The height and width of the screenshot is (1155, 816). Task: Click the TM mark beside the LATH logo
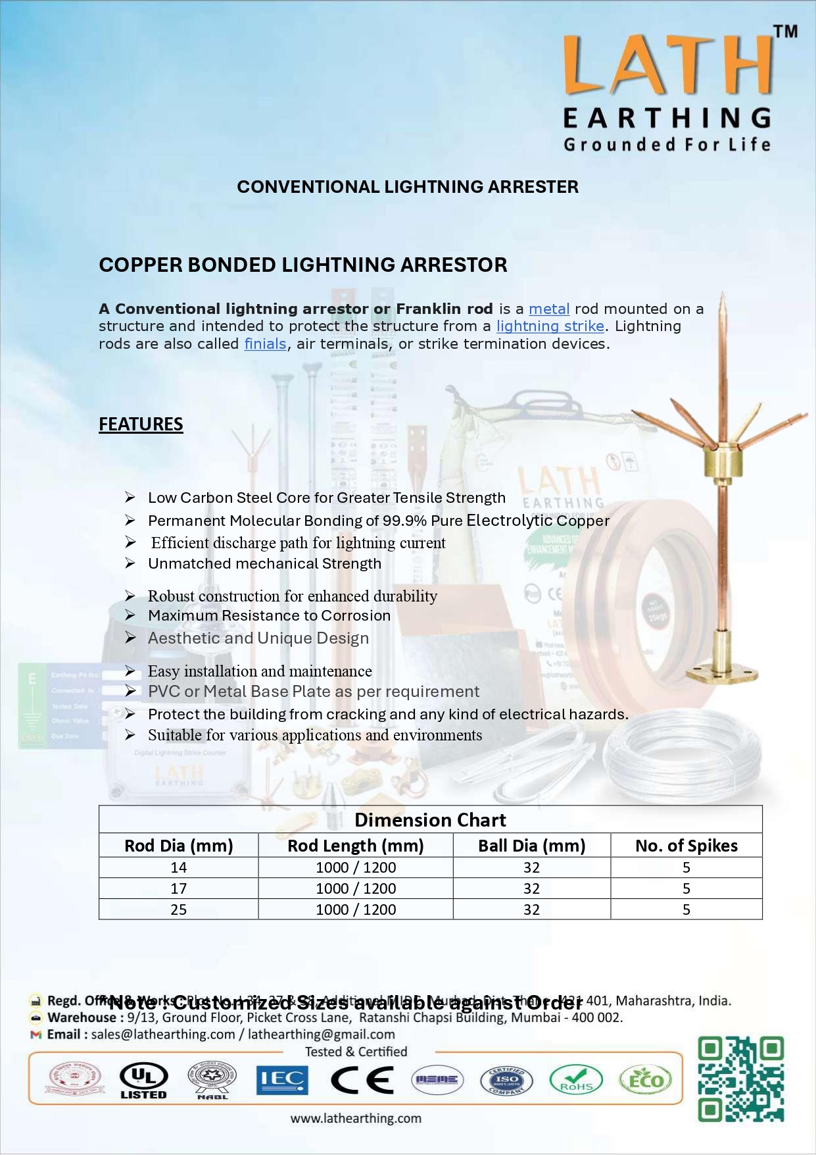click(x=785, y=32)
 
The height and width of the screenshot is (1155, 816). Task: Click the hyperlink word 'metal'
click(x=549, y=309)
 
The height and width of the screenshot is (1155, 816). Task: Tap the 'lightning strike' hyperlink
click(x=550, y=326)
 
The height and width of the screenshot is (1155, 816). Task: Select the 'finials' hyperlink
click(x=265, y=344)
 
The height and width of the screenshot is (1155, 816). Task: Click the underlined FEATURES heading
click(x=141, y=424)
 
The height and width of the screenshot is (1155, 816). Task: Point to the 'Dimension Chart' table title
click(x=430, y=820)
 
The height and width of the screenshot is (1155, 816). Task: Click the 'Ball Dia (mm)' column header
click(x=531, y=846)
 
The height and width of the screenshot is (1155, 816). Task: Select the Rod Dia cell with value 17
click(x=178, y=888)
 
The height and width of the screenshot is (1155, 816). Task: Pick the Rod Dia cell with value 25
click(x=178, y=910)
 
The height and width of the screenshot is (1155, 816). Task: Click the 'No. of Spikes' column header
click(x=686, y=846)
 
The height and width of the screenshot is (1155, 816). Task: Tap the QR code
click(x=740, y=1079)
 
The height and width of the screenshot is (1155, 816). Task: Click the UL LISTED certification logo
click(x=143, y=1081)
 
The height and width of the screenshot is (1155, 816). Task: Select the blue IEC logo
click(x=281, y=1080)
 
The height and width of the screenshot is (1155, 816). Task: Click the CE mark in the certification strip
click(x=362, y=1080)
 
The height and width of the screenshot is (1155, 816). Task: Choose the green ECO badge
click(x=645, y=1080)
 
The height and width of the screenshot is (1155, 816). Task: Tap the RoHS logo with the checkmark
click(x=576, y=1080)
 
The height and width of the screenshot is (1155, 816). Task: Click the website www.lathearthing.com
click(x=356, y=1118)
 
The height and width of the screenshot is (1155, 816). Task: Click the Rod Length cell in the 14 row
click(x=356, y=867)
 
